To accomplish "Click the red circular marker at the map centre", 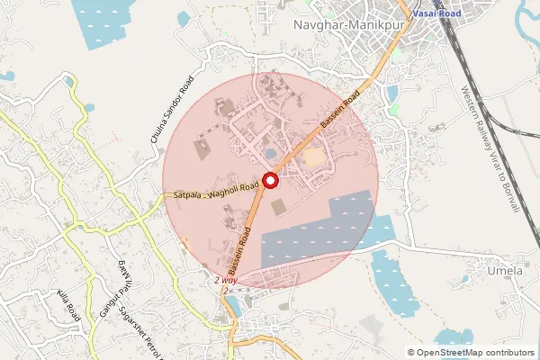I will click(270, 180).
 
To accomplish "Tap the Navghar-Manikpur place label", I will click(346, 25).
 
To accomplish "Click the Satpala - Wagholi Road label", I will click(215, 190).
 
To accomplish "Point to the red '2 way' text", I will click(226, 281).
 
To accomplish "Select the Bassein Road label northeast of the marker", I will click(343, 110).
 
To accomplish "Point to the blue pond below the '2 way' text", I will click(233, 306).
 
